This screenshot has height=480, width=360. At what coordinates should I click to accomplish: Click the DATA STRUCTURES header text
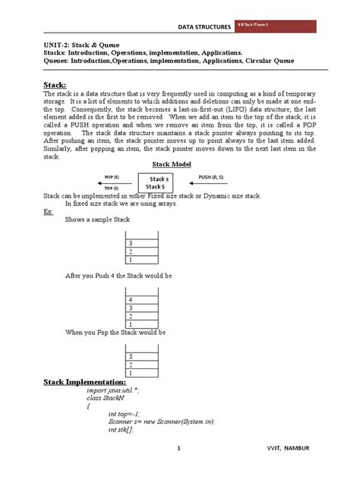pos(203,27)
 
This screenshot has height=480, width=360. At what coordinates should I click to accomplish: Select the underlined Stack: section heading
pos(54,85)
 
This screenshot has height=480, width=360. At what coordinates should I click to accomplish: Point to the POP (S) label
pos(112,176)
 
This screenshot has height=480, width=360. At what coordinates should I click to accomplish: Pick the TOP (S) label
pos(112,188)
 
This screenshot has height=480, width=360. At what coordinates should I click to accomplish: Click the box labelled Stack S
pos(159,182)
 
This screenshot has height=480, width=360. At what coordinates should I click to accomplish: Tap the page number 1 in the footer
pos(179,449)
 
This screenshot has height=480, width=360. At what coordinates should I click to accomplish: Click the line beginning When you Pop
pos(115,333)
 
